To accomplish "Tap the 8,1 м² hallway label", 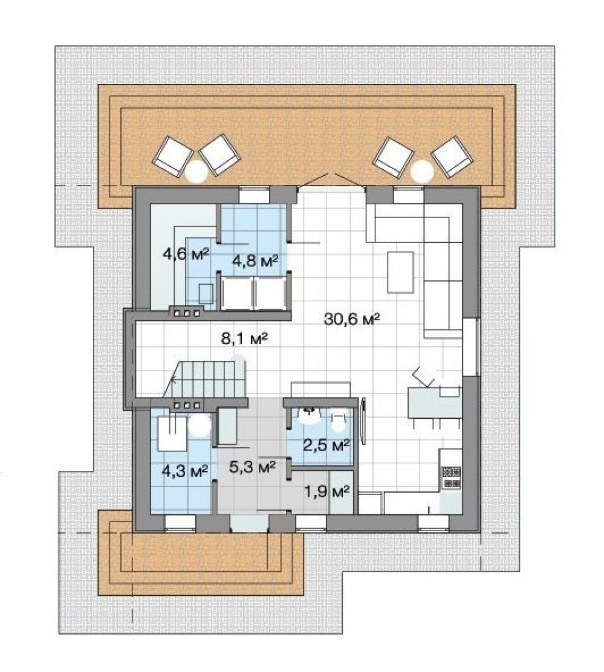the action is coord(244,338).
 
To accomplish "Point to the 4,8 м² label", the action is coord(255,260).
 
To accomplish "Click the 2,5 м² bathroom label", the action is coord(326,445).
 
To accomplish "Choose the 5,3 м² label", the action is coord(253,467).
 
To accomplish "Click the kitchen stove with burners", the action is coord(451,478).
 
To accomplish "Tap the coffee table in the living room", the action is coord(401,272).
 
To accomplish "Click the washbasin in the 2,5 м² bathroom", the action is coord(310,415).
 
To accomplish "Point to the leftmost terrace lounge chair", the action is coord(173,154).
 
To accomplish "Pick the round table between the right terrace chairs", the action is coord(422,171).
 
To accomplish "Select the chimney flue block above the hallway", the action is coord(186,312).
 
